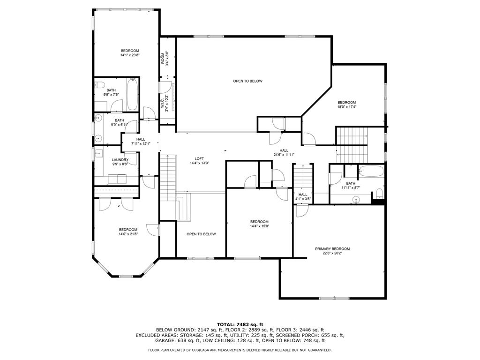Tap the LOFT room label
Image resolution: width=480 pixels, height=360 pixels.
click(x=200, y=158)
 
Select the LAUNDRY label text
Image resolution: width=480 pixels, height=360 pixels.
click(x=120, y=160)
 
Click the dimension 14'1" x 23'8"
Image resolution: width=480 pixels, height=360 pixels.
click(x=130, y=55)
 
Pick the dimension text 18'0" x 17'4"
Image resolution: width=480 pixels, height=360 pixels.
click(x=347, y=107)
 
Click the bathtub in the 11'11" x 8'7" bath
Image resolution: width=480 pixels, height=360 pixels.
click(x=371, y=171)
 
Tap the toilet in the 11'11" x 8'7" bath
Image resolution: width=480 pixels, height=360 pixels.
click(x=379, y=193)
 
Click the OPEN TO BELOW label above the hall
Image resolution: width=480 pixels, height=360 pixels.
click(x=248, y=81)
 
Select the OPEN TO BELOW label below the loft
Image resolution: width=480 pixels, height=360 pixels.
click(x=201, y=234)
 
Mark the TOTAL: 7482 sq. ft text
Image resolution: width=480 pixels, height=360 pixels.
click(x=240, y=324)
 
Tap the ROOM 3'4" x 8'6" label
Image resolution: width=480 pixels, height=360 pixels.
click(x=164, y=58)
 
